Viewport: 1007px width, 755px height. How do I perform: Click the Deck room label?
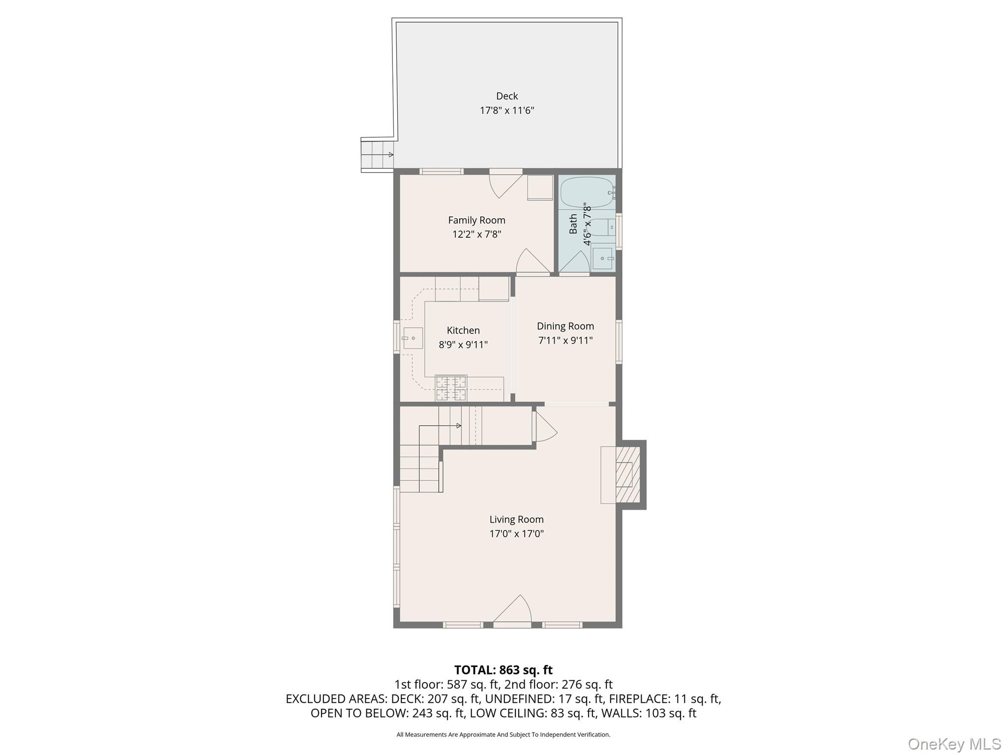[506, 96]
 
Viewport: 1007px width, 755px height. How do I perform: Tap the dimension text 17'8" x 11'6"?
[506, 111]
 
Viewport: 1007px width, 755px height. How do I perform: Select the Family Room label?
[476, 220]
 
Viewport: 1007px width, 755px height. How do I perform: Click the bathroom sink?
[602, 259]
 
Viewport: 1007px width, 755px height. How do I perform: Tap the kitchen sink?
[412, 338]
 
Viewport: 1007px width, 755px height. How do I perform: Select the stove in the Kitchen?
[450, 388]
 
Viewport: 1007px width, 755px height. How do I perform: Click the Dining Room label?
[565, 326]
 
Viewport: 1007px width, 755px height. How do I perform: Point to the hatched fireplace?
[628, 474]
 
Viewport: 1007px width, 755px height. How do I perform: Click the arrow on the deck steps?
[391, 155]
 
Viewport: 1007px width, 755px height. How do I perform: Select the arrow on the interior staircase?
[458, 426]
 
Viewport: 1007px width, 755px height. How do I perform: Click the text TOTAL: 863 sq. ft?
[503, 670]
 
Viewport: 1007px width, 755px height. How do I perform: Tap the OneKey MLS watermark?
[954, 744]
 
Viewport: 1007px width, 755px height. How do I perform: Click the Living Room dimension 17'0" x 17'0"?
[516, 534]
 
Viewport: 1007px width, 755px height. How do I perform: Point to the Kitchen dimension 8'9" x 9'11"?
[463, 345]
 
